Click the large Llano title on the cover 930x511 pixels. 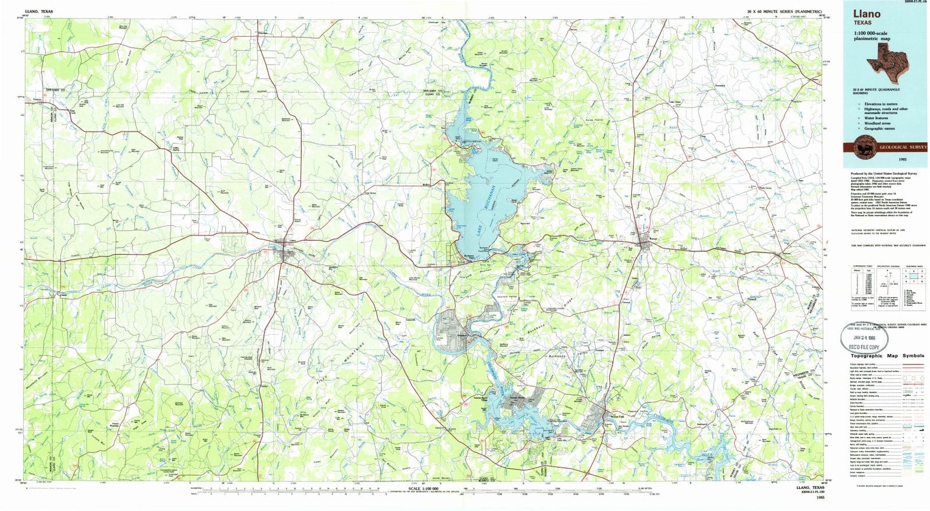coord(867,14)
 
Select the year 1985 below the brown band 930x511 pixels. coord(902,159)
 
